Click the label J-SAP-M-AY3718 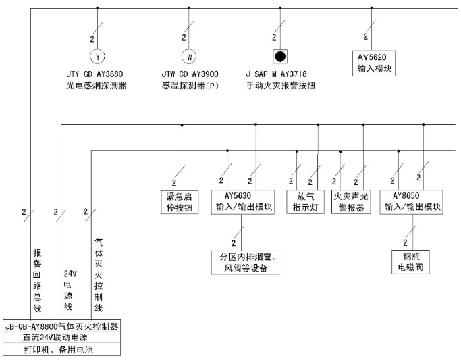(281, 74)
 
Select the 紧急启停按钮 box (175, 202)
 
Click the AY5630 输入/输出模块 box (243, 202)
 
